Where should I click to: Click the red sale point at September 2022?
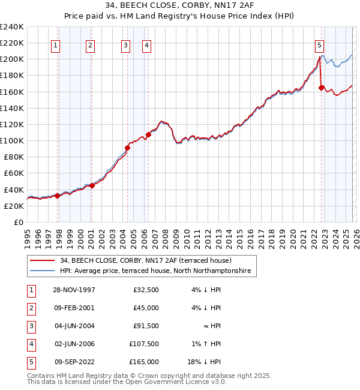(322, 88)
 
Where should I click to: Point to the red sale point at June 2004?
(127, 148)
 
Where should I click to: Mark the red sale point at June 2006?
(148, 134)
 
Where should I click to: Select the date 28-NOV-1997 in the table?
(74, 290)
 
